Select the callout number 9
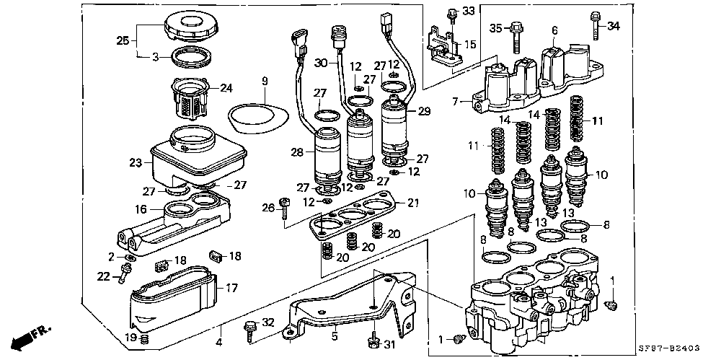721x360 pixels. click(265, 81)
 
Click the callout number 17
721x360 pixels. click(231, 288)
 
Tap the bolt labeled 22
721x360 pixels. click(126, 272)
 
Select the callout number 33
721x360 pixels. click(469, 11)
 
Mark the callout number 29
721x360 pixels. click(423, 111)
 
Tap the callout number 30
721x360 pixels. click(321, 63)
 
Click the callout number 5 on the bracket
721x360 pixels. click(334, 335)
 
